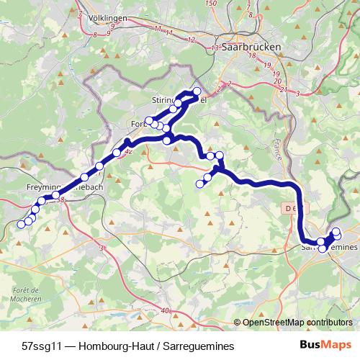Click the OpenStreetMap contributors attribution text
297,322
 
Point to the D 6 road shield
288,208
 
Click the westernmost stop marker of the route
21,225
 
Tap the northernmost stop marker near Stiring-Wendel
197,91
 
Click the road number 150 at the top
210,4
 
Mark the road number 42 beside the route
128,152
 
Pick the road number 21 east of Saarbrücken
284,89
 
